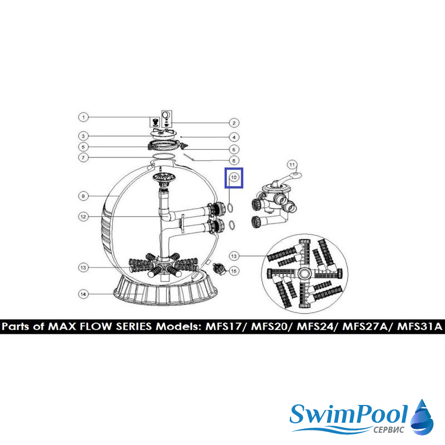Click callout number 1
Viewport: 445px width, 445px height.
[83, 117]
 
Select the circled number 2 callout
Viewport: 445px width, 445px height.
[234, 123]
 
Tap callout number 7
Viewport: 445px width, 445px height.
[83, 157]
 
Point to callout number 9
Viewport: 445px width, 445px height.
[83, 196]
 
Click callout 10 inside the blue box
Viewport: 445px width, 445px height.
[234, 177]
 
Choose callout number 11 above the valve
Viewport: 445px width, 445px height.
[292, 165]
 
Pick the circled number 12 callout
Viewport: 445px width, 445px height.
[83, 217]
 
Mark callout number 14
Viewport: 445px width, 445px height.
[83, 294]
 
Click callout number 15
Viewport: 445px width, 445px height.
[234, 271]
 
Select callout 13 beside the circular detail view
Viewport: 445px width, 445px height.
[234, 256]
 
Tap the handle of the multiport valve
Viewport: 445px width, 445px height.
[287, 179]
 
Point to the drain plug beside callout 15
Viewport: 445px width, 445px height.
[219, 269]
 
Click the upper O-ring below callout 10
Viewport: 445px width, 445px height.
[231, 207]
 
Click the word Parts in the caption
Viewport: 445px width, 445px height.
[16, 327]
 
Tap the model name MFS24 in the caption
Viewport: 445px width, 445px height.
[315, 327]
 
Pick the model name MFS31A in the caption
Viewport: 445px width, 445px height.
[420, 327]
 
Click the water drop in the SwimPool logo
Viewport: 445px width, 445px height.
[422, 417]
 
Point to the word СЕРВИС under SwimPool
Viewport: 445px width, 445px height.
[388, 430]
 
